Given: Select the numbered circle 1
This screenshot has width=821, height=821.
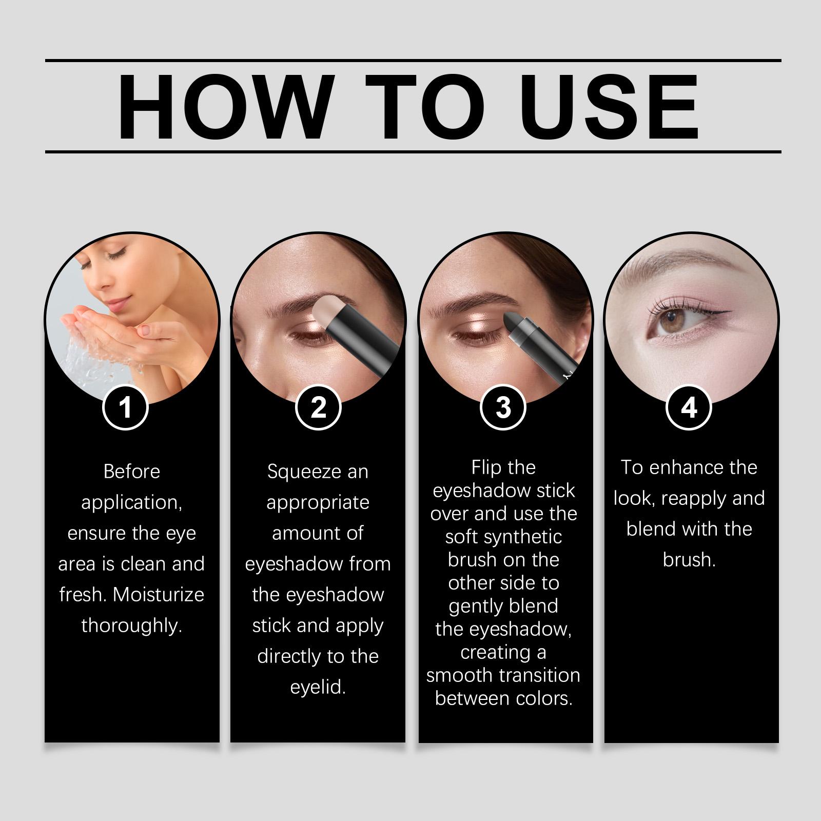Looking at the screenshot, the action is click(x=125, y=407).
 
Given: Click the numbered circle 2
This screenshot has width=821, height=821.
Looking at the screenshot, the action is click(x=318, y=407).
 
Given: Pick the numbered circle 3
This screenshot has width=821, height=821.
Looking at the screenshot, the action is click(x=503, y=407).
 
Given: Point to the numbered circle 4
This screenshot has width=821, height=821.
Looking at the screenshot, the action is click(x=689, y=407).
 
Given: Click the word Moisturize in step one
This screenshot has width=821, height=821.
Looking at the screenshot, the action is click(x=159, y=595).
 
